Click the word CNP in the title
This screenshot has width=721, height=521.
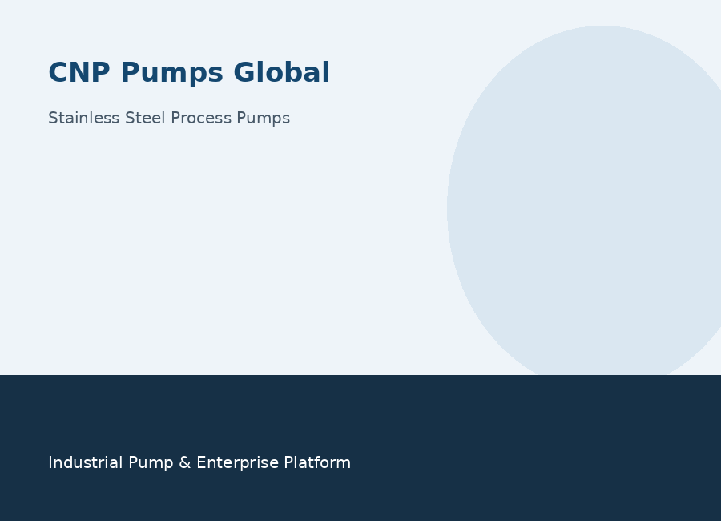79,73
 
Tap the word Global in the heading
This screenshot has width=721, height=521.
281,72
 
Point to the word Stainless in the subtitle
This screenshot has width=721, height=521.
83,118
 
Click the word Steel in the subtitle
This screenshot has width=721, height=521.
145,118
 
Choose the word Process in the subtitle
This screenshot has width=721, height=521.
201,118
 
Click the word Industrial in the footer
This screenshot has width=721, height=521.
85,462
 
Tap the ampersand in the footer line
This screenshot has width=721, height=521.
185,462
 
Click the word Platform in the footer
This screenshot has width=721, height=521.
317,462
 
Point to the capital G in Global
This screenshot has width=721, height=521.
244,73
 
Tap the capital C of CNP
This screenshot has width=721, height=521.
58,73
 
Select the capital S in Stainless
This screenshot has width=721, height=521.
53,118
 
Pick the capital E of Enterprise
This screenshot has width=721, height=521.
201,462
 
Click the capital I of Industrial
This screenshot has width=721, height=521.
50,462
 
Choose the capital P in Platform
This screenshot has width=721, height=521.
288,462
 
